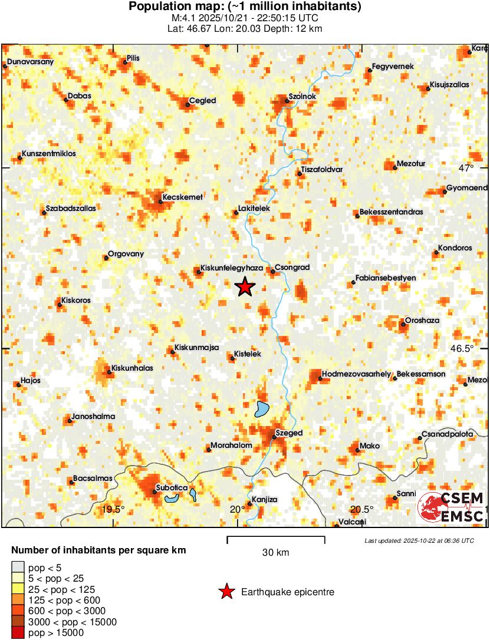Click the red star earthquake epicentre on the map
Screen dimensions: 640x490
pyautogui.click(x=245, y=287)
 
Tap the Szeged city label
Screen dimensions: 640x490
pyautogui.click(x=289, y=433)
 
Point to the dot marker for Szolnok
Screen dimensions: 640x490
pyautogui.click(x=287, y=101)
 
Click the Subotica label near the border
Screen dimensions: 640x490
pyautogui.click(x=171, y=489)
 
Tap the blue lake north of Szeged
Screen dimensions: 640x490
pyautogui.click(x=262, y=409)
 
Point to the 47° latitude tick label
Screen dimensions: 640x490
pyautogui.click(x=466, y=168)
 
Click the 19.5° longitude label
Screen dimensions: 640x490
pyautogui.click(x=114, y=510)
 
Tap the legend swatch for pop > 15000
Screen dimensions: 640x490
pyautogui.click(x=18, y=632)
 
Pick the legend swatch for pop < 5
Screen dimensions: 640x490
pyautogui.click(x=18, y=568)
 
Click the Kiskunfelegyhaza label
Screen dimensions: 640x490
pyautogui.click(x=231, y=268)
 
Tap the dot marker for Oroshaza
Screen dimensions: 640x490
pyautogui.click(x=403, y=324)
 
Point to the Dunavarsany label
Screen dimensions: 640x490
pyautogui.click(x=31, y=61)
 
